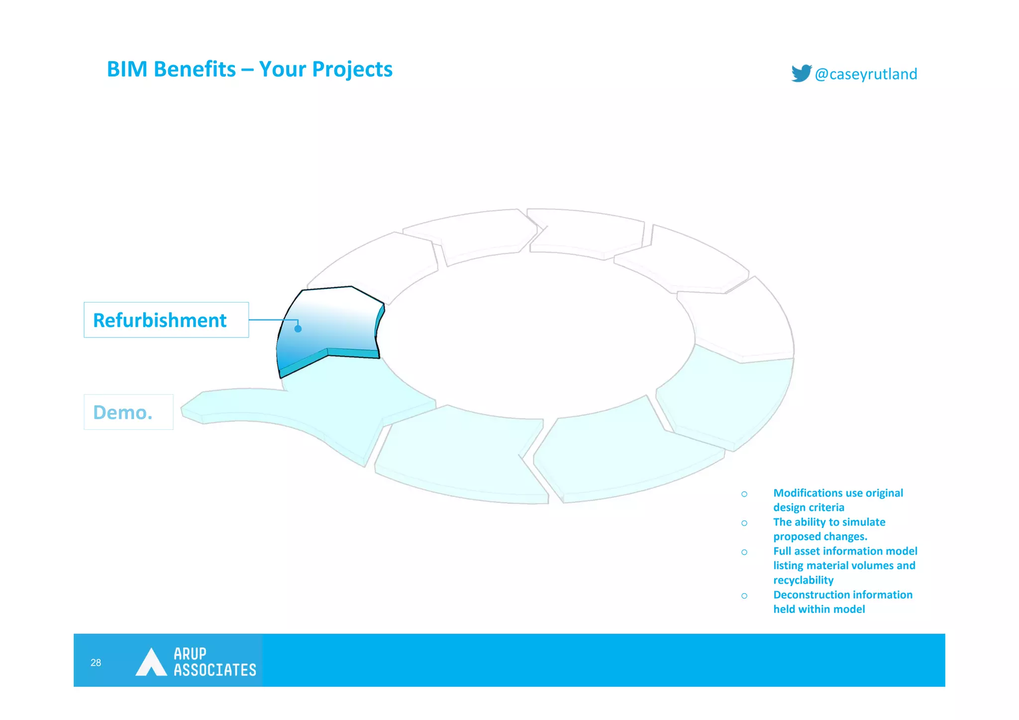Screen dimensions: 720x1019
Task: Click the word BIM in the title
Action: (127, 69)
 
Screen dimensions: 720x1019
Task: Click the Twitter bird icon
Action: (801, 73)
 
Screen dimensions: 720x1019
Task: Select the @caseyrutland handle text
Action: (866, 74)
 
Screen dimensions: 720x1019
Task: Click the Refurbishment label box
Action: (166, 320)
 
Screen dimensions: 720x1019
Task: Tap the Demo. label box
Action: (128, 412)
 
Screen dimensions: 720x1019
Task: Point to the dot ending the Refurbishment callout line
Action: (298, 328)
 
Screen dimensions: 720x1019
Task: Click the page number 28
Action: (96, 662)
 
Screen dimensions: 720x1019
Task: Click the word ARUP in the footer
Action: (190, 653)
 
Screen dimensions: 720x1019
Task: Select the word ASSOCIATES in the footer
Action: (214, 670)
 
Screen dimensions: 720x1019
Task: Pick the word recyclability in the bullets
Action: (803, 580)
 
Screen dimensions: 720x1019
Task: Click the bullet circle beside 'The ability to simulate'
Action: (744, 523)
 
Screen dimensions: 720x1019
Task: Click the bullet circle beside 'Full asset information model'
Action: (744, 552)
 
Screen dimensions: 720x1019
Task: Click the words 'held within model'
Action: (819, 609)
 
